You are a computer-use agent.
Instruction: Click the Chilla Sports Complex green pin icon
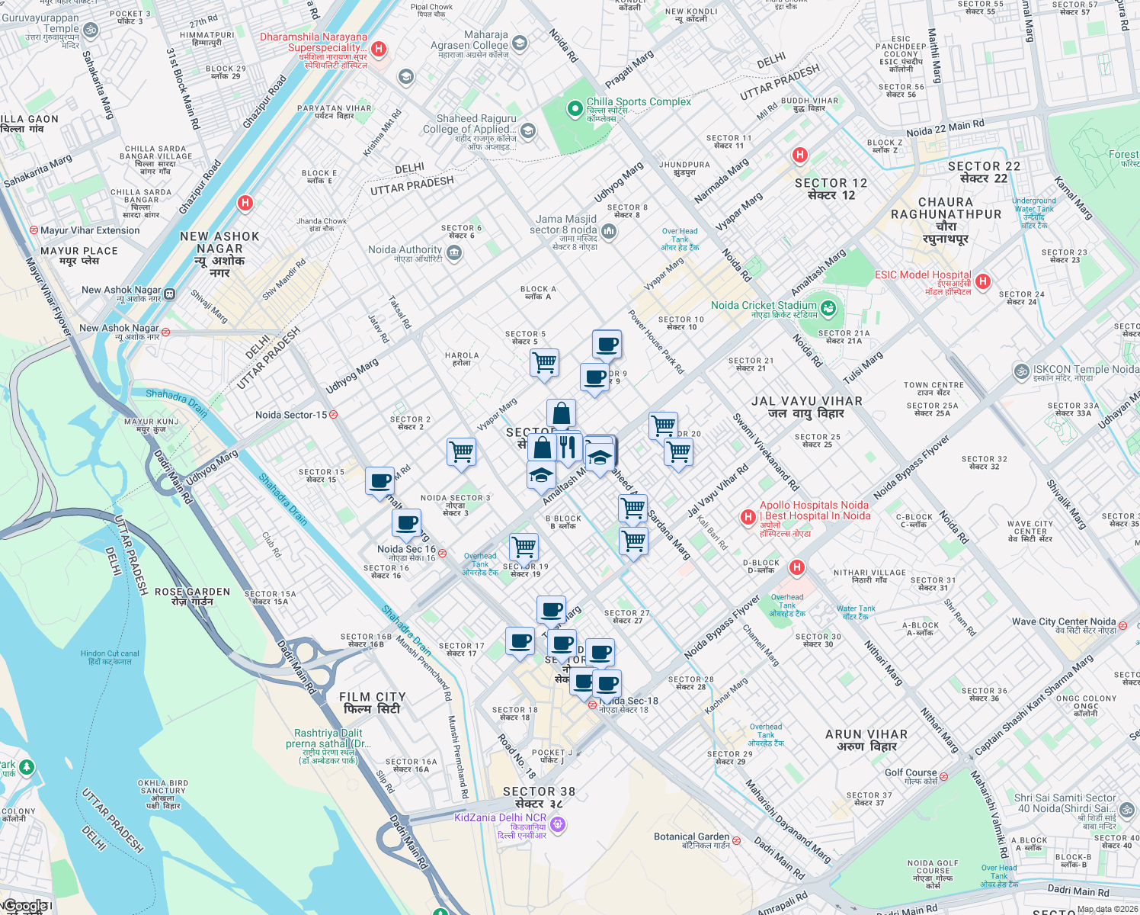[575, 109]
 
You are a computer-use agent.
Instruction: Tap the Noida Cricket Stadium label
[764, 306]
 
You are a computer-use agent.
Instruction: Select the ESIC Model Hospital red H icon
[983, 281]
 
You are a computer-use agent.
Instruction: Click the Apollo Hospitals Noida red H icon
[748, 518]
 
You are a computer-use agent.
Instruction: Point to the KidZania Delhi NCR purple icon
[558, 823]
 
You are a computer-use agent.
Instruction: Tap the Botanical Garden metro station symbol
[737, 841]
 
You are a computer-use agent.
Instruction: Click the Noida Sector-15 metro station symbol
[333, 415]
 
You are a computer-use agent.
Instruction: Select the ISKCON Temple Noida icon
[1021, 371]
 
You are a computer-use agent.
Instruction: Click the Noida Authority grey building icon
[454, 253]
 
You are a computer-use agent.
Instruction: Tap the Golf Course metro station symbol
[943, 776]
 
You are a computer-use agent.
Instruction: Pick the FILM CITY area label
[373, 702]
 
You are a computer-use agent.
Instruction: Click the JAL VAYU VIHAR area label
[806, 406]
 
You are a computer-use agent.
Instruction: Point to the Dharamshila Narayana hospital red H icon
[379, 50]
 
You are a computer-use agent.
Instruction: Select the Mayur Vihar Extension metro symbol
[34, 230]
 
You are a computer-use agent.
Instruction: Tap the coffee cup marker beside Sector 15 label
[379, 481]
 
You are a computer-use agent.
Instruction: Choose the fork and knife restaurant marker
[567, 445]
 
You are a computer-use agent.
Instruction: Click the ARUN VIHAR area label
[866, 740]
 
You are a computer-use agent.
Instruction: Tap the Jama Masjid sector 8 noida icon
[608, 231]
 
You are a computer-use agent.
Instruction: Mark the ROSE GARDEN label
[192, 596]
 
